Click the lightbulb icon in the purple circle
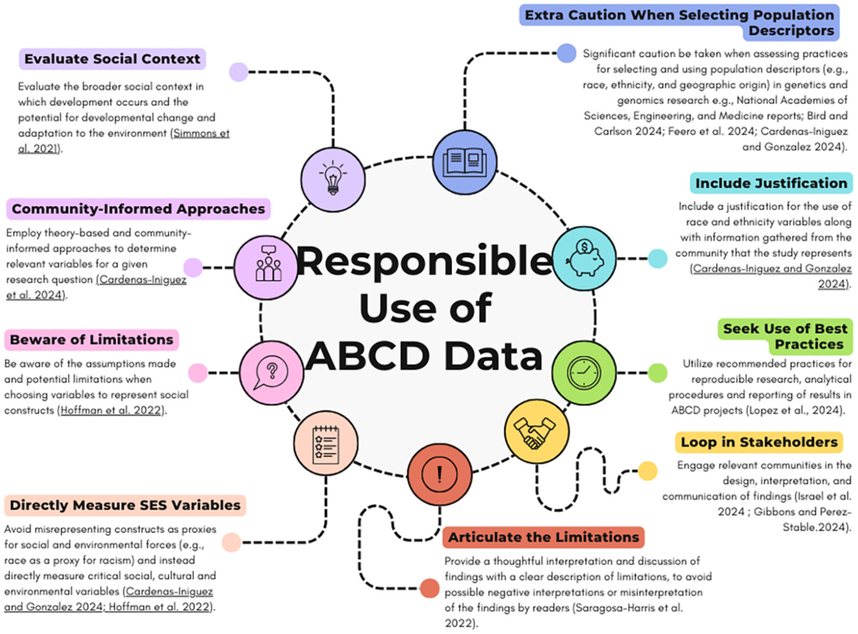pos(333,178)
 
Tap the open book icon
pos(465,162)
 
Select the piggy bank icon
pos(584,258)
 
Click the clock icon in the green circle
pos(584,372)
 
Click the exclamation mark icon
pos(439,474)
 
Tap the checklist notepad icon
pos(326,444)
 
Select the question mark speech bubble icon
pos(271,373)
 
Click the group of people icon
pos(268,267)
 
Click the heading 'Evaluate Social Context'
pos(112,59)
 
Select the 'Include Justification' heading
pos(771,183)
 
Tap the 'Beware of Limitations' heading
pos(91,340)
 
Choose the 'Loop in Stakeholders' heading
pos(759,442)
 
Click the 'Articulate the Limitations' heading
pos(544,537)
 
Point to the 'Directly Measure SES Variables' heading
pos(125,505)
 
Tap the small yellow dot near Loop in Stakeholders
pos(647,471)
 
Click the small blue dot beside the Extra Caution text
pos(566,53)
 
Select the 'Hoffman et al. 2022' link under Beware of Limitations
pos(111,411)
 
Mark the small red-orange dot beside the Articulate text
pos(429,588)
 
